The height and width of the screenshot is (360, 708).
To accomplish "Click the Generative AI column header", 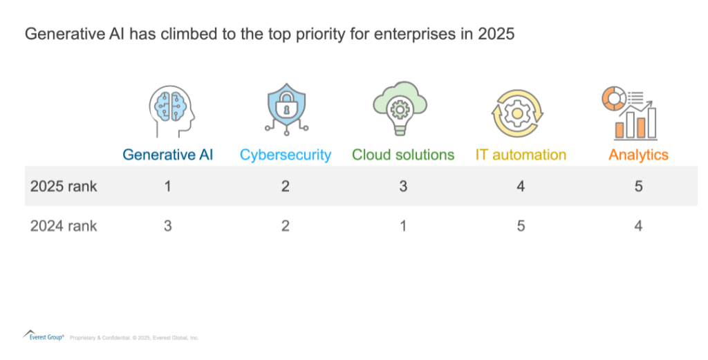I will (168, 155).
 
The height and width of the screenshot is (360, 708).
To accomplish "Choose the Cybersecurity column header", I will (286, 155).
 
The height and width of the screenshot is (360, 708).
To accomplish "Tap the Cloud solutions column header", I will (403, 155).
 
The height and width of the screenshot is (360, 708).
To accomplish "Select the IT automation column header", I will (521, 155).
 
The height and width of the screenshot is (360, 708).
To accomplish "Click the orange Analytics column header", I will (638, 155).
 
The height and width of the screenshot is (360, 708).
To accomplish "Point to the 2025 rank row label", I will (64, 187).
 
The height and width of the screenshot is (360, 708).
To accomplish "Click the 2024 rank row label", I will (64, 226).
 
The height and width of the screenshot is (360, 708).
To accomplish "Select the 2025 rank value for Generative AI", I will (168, 187).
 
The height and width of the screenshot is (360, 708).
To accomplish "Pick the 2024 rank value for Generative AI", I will (168, 226).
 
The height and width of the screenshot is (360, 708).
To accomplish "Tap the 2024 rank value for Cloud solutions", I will (403, 226).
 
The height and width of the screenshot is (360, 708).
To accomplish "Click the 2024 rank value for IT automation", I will (521, 226).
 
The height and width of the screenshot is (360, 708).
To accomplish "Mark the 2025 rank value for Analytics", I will (638, 187).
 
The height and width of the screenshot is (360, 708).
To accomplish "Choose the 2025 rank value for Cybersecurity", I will (286, 187).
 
